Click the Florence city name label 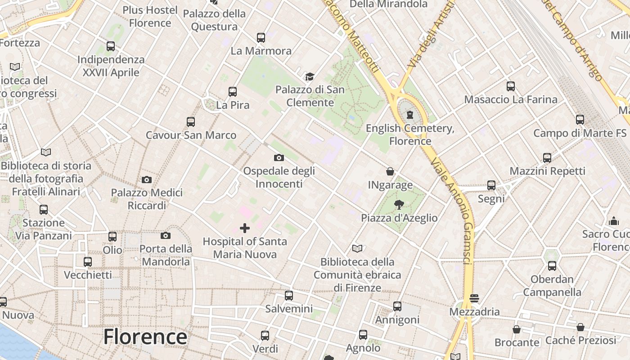145,337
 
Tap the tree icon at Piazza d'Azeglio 399,205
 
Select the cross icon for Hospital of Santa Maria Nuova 245,228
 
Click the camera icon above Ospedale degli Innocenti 279,157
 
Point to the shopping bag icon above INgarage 390,171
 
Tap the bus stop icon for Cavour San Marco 191,122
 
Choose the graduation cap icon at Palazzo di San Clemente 310,76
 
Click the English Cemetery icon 409,115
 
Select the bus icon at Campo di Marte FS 580,120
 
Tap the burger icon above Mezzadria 474,298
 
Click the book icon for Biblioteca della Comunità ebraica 357,248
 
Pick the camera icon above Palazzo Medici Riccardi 147,180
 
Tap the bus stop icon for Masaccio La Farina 511,86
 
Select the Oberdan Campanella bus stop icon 552,266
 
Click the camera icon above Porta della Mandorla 166,235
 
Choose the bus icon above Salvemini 289,296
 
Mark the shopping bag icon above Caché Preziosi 580,327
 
